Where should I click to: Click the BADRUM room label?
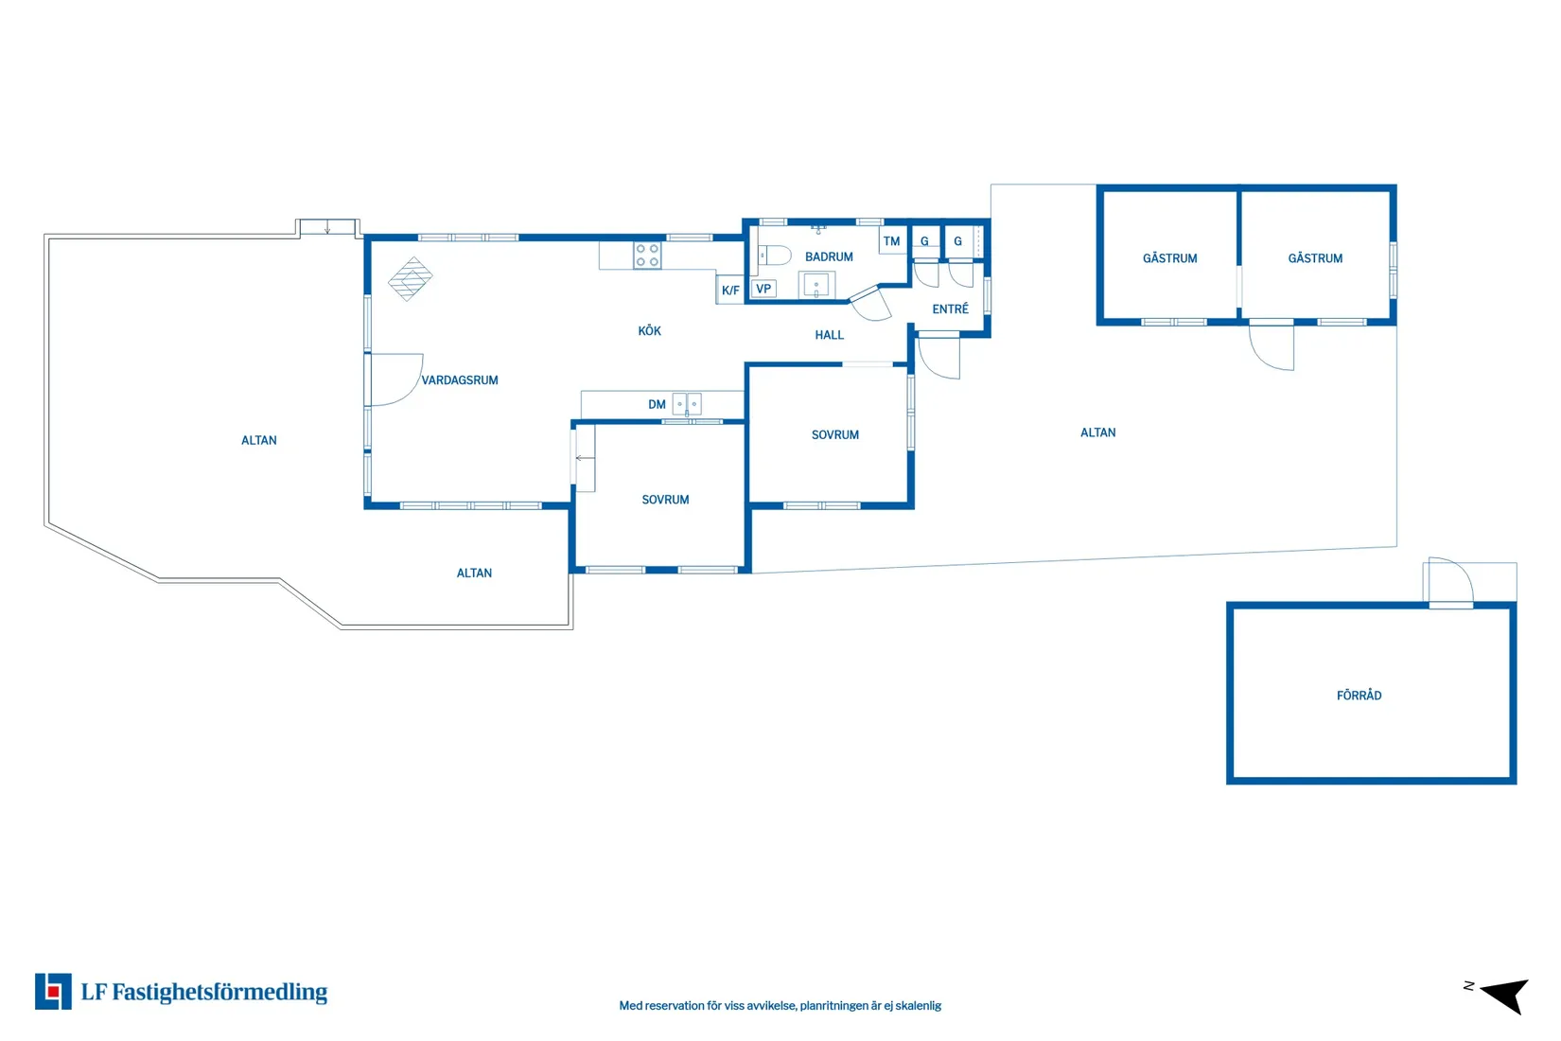(829, 256)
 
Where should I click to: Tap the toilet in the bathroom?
(775, 256)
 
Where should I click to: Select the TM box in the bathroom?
(892, 241)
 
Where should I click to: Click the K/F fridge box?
(730, 290)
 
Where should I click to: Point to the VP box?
(763, 289)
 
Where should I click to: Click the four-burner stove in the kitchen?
(647, 256)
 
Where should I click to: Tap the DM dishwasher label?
(657, 404)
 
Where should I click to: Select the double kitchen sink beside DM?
(687, 404)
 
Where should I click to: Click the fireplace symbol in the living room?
(411, 279)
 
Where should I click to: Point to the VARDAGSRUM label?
(460, 380)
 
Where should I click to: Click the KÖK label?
(650, 330)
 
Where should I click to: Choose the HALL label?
(830, 335)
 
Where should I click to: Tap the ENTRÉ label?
(951, 309)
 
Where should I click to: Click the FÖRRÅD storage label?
(1359, 696)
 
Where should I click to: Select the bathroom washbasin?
(816, 286)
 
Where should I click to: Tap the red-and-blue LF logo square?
(53, 991)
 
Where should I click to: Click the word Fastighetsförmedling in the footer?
(219, 992)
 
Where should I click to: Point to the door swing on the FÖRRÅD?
(1451, 580)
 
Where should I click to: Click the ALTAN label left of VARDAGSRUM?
(259, 440)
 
